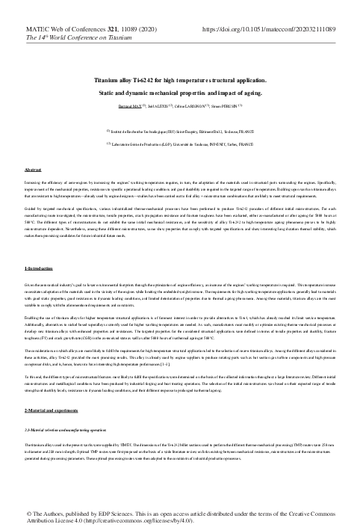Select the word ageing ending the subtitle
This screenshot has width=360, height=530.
click(x=251, y=93)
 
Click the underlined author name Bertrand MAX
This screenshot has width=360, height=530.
click(x=130, y=108)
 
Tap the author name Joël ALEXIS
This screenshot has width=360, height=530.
click(x=158, y=108)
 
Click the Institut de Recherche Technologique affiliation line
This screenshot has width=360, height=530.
click(x=181, y=130)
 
